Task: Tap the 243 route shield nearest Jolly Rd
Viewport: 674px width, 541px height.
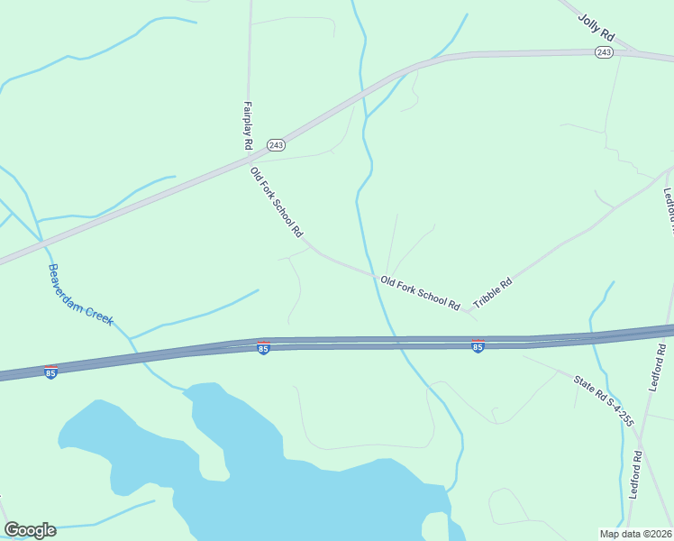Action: (x=604, y=54)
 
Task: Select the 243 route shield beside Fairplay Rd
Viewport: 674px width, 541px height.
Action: (x=276, y=145)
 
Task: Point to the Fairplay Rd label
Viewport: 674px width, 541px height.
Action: (x=247, y=125)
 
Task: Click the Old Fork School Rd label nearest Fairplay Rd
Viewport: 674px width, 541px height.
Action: (x=276, y=202)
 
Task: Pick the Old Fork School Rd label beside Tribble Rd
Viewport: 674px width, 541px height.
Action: (x=420, y=293)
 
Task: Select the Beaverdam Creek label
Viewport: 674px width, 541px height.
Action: (x=80, y=295)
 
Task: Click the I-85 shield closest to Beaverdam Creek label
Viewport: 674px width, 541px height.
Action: (x=51, y=371)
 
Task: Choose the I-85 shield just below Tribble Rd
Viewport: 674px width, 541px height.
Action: (x=478, y=346)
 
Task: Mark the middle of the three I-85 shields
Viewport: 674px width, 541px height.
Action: (x=263, y=348)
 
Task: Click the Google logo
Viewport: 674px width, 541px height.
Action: (x=30, y=530)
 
